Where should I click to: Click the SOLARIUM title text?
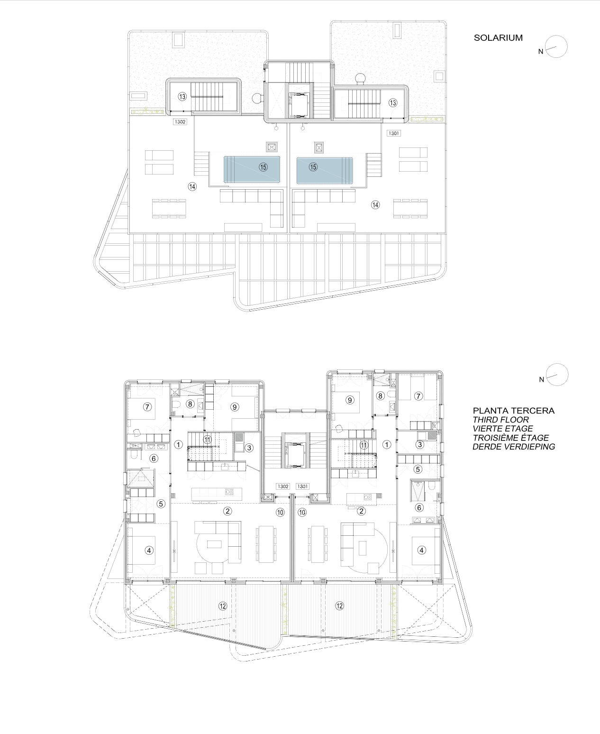(498, 38)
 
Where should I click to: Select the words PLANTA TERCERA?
(513, 411)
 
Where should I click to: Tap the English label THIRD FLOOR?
(500, 420)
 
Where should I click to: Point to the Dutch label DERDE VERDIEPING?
(514, 447)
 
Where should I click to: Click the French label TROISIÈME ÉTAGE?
(510, 438)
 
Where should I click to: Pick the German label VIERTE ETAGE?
(503, 429)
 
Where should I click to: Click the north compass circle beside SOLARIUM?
(556, 46)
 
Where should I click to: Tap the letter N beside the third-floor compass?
(541, 380)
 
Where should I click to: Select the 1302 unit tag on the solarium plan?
(180, 122)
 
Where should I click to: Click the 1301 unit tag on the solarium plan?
(393, 133)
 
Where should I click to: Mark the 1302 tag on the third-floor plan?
(283, 486)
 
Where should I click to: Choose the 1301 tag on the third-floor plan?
(303, 486)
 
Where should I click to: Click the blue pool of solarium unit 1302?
(252, 169)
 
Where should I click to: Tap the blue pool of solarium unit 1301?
(325, 171)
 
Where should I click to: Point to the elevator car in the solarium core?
(299, 101)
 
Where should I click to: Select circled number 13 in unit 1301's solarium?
(393, 103)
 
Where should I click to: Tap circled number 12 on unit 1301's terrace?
(339, 606)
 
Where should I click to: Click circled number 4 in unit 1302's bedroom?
(149, 550)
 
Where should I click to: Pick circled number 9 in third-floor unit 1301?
(350, 400)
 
